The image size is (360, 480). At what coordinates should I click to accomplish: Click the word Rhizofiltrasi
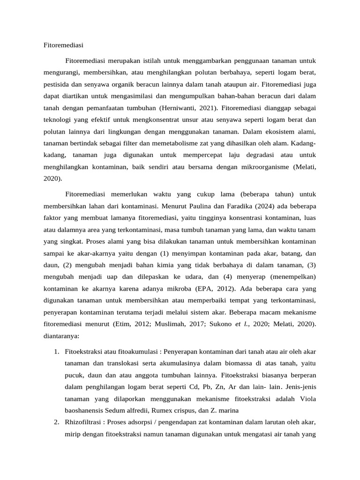point(85,422)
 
